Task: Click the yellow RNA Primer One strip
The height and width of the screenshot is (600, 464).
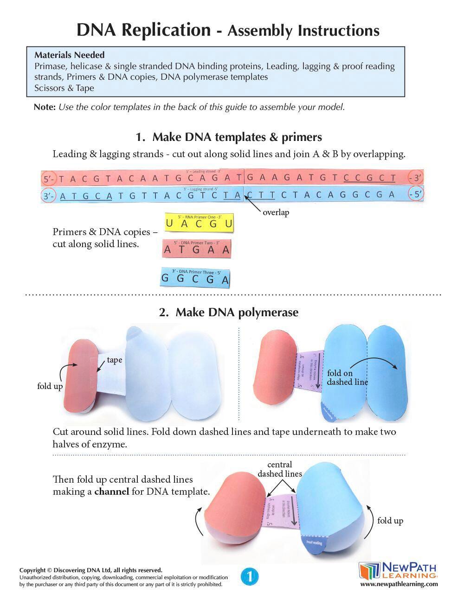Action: pos(199,223)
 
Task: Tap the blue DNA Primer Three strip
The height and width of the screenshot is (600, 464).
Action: pos(195,278)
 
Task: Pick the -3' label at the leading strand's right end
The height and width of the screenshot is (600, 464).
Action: pos(415,178)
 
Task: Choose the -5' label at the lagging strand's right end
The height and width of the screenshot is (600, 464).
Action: pos(416,194)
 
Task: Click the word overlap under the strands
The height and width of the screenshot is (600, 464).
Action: pos(276,213)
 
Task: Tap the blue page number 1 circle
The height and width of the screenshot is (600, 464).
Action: pos(249,577)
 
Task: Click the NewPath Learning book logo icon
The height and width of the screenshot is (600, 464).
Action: pos(369,571)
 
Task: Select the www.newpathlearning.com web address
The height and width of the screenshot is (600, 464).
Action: pos(399,584)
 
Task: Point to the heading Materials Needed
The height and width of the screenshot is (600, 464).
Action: pos(69,55)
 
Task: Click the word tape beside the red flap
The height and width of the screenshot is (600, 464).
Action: pos(115,360)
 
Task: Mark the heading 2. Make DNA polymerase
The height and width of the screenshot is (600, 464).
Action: pos(228,312)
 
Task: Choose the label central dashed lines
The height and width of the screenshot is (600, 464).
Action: pos(280,469)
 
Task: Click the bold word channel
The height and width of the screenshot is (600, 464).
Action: pos(111,491)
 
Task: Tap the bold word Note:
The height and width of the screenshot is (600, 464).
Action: pos(45,107)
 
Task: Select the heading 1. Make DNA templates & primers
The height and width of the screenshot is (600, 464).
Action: pos(228,137)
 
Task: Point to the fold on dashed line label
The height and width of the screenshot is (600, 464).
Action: pos(347,377)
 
